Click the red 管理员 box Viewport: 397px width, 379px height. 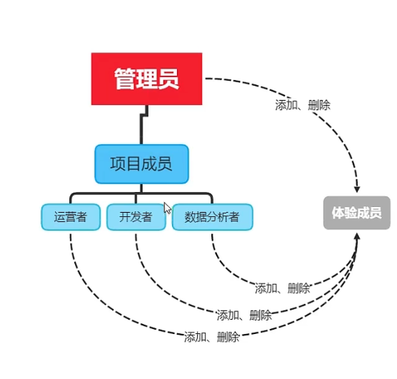pos(146,79)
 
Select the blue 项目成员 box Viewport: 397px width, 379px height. pos(141,164)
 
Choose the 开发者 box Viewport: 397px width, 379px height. pos(136,217)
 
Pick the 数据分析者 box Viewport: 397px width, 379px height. pos(212,217)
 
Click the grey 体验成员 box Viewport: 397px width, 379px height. pos(356,213)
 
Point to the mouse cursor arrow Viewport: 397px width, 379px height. pos(167,208)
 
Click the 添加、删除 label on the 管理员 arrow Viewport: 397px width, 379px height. pos(303,104)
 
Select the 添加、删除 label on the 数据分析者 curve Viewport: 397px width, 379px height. pos(283,288)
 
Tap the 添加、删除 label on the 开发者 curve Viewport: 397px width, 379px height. pos(244,315)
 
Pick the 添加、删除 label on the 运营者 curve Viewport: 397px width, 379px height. pos(211,337)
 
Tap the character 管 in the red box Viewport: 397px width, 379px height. pos(126,79)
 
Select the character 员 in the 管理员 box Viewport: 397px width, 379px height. pos(168,79)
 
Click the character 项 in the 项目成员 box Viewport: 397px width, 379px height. pos(118,164)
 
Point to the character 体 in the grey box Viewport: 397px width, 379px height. pos(338,213)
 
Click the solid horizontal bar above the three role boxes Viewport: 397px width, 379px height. pos(141,193)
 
